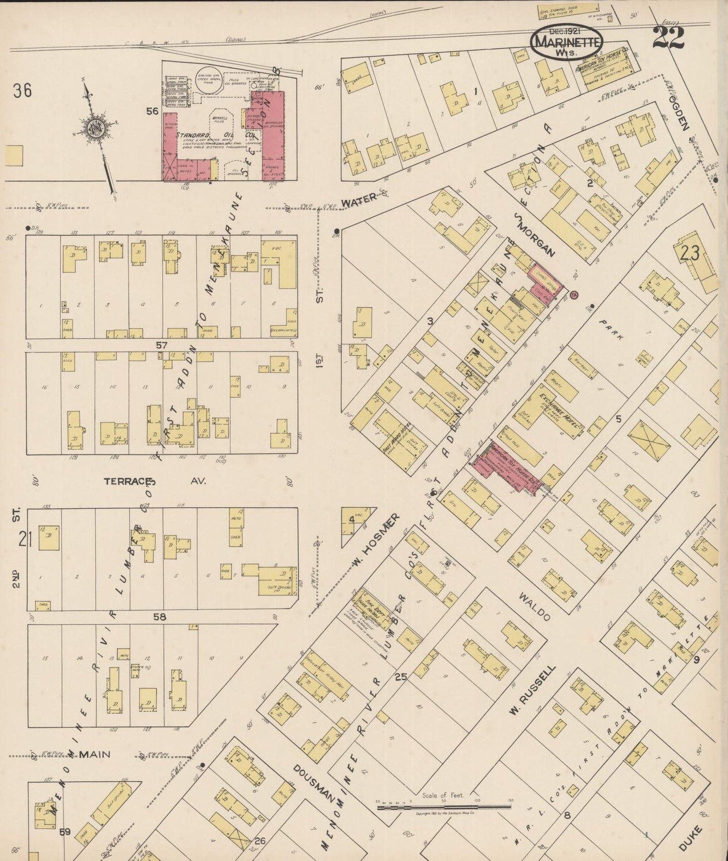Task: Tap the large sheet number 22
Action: pyautogui.click(x=668, y=38)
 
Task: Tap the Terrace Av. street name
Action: pyautogui.click(x=155, y=481)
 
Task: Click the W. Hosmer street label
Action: pyautogui.click(x=377, y=539)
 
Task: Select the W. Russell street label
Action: pyautogui.click(x=532, y=690)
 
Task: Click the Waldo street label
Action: pyautogui.click(x=536, y=607)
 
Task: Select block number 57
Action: pyautogui.click(x=161, y=345)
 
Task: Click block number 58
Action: pyautogui.click(x=160, y=617)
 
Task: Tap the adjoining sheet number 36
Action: pyautogui.click(x=23, y=91)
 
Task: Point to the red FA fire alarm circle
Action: pyautogui.click(x=574, y=293)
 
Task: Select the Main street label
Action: pyautogui.click(x=94, y=754)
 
